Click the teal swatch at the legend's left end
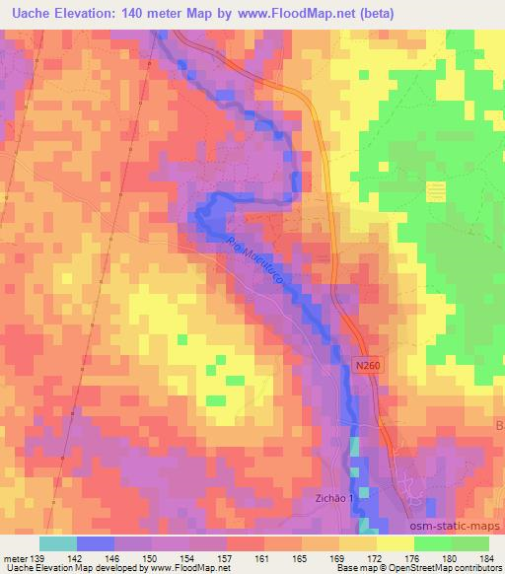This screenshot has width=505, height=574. click(57, 542)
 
